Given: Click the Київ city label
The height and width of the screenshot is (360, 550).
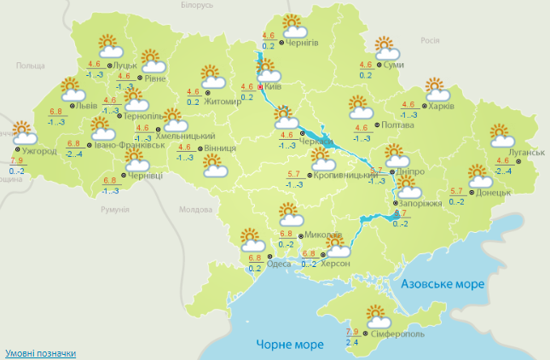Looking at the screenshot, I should [x=273, y=86].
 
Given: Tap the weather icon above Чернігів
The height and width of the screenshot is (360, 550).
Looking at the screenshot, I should [x=292, y=24].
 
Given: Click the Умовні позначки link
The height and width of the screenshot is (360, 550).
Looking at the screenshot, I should [x=39, y=352].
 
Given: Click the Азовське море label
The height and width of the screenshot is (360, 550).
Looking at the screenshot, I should [x=442, y=283].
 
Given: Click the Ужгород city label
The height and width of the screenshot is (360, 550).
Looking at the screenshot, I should [x=39, y=152].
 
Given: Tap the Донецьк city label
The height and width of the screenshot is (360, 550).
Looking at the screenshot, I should [x=494, y=193].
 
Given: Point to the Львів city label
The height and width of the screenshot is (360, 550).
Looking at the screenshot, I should [x=86, y=107].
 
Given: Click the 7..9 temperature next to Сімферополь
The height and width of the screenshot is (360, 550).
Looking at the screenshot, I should [x=352, y=332].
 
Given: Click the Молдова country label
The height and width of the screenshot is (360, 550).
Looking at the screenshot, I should [x=194, y=210].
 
